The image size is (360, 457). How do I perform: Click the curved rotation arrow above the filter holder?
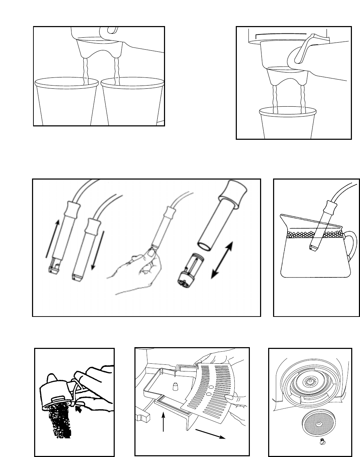click(282, 33)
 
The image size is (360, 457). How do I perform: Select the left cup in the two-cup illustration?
click(67, 102)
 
